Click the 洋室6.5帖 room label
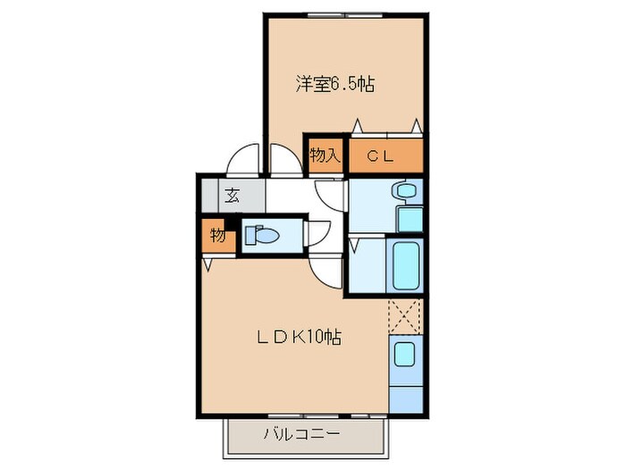335,85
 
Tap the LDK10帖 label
299,338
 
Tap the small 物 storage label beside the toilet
217,236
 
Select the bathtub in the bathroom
407,263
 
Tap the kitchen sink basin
404,355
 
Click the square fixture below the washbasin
410,217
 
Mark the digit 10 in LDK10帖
317,338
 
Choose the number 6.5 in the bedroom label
345,85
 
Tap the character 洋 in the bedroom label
304,85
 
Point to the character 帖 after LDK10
334,338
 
